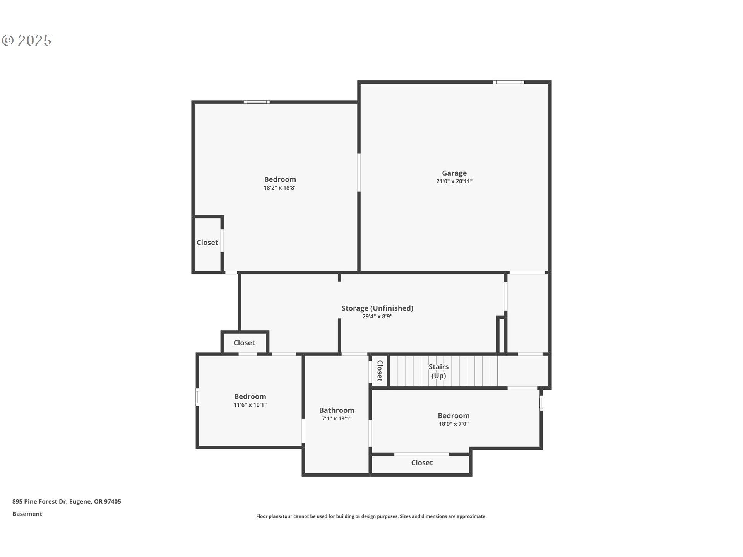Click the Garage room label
pyautogui.click(x=454, y=173)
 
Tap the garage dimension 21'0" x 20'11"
pyautogui.click(x=454, y=181)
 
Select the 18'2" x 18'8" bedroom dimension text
pyautogui.click(x=280, y=188)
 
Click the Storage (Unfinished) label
pyautogui.click(x=377, y=308)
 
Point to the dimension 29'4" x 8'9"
pyautogui.click(x=377, y=316)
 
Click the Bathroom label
pyautogui.click(x=337, y=410)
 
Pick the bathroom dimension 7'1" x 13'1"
pyautogui.click(x=337, y=419)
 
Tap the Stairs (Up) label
pyautogui.click(x=439, y=371)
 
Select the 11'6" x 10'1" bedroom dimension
pyautogui.click(x=250, y=405)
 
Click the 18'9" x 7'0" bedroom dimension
pyautogui.click(x=454, y=424)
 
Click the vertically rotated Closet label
pyautogui.click(x=380, y=371)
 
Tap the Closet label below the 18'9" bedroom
pyautogui.click(x=422, y=463)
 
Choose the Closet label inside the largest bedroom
pyautogui.click(x=207, y=243)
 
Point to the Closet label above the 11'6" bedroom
pyautogui.click(x=244, y=343)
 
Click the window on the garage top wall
pyautogui.click(x=509, y=82)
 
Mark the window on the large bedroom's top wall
pyautogui.click(x=257, y=102)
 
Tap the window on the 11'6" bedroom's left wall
pyautogui.click(x=197, y=397)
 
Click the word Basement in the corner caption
pyautogui.click(x=27, y=514)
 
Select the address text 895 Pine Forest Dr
pyautogui.click(x=39, y=501)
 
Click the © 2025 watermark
pyautogui.click(x=27, y=40)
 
